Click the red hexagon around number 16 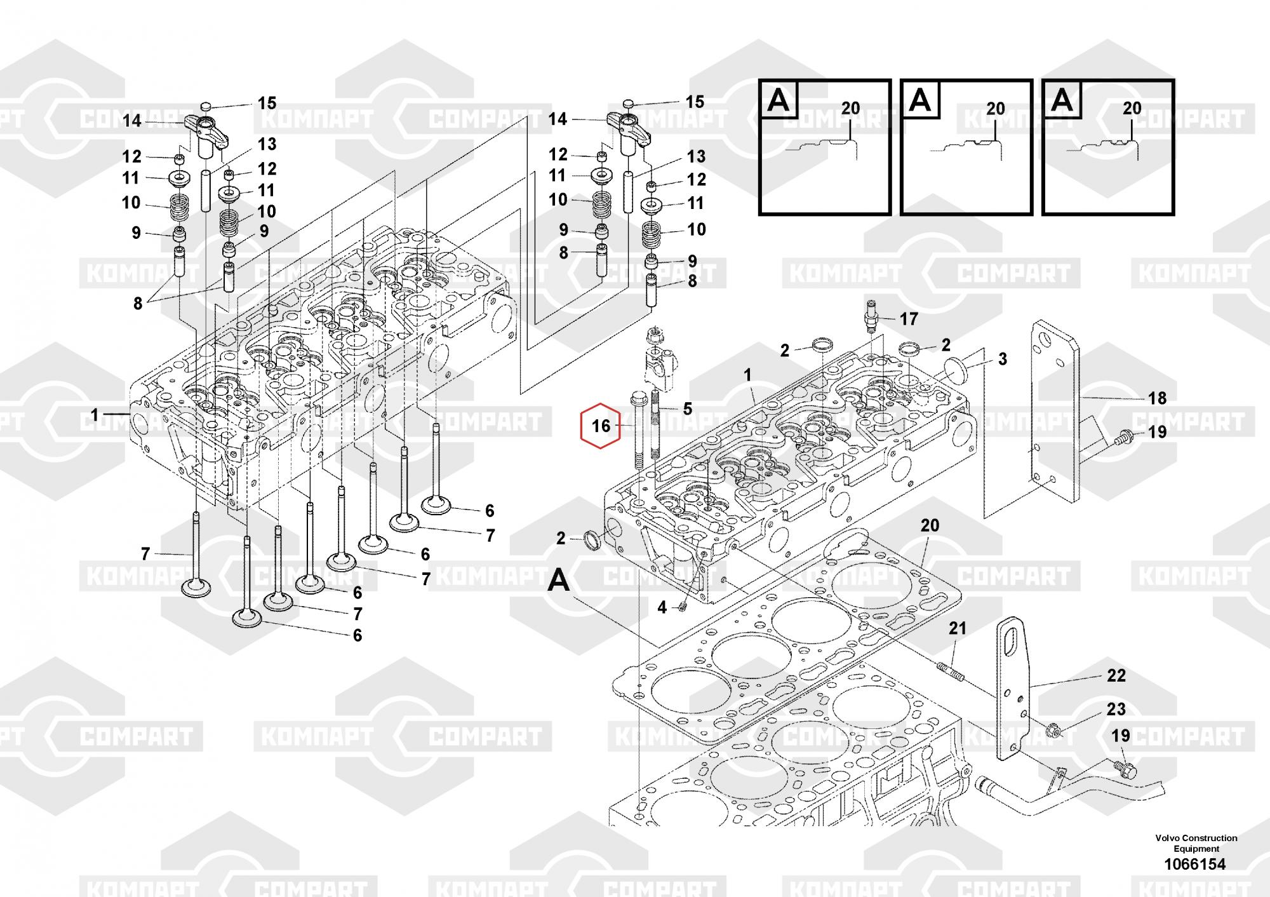(x=601, y=426)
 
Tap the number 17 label (x=909, y=319)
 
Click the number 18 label (x=1157, y=398)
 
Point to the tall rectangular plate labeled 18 (x=1054, y=413)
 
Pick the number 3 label (x=1002, y=359)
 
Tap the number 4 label (x=662, y=608)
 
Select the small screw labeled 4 (x=683, y=607)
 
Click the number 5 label (x=687, y=408)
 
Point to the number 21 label (x=957, y=628)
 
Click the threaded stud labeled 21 (x=951, y=671)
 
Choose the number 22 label (x=1116, y=675)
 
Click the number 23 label (x=1116, y=709)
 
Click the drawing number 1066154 (x=1194, y=864)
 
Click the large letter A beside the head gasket (x=559, y=580)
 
